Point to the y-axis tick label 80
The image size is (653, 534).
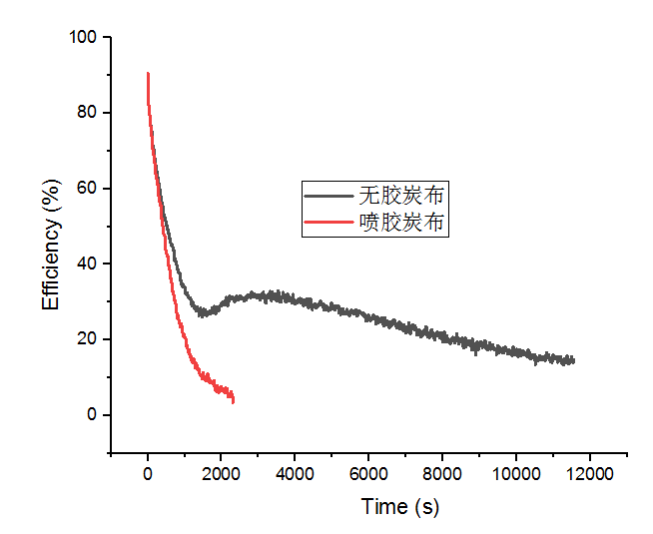coord(87,113)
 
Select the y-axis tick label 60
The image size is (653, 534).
coord(87,189)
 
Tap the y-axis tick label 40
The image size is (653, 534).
coord(87,264)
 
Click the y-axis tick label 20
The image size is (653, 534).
coord(87,339)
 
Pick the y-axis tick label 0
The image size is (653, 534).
coord(91,415)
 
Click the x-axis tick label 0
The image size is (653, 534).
coord(148,474)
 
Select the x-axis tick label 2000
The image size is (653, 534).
coord(221,474)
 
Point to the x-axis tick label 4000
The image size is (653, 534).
coord(295,474)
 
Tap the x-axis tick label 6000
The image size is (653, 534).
coord(368,474)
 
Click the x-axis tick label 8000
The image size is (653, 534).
coord(442,474)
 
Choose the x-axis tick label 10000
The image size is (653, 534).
coord(515,474)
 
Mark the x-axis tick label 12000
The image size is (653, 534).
coord(589,474)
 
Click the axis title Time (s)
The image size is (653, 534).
coord(399,506)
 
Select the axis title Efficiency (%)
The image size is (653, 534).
coord(51,245)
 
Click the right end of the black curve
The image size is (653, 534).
coord(574,360)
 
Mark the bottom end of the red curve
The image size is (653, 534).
coord(234,401)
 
